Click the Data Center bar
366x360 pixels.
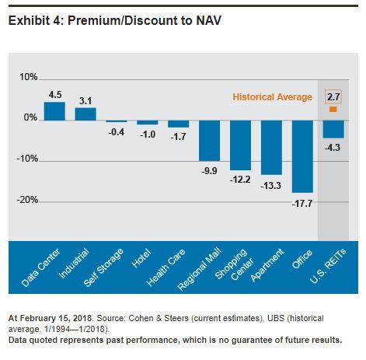[x=54, y=111]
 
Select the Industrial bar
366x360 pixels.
[x=85, y=114]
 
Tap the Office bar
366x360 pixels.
[x=302, y=156]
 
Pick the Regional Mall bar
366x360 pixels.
[x=209, y=141]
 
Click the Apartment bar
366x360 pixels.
[x=271, y=148]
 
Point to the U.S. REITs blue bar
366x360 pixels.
[x=333, y=129]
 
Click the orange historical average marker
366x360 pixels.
[x=333, y=110]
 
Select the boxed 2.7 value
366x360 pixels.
[x=333, y=97]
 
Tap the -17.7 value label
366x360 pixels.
[x=302, y=204]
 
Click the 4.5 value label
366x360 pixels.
[x=55, y=95]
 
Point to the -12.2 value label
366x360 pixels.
[x=240, y=180]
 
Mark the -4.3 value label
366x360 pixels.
[x=333, y=148]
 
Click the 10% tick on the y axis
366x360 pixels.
[x=29, y=77]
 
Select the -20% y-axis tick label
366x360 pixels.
[x=27, y=200]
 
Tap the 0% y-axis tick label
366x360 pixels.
[x=30, y=117]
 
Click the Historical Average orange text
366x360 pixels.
[x=272, y=97]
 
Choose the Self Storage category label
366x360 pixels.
[x=103, y=267]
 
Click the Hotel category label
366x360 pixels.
[x=141, y=258]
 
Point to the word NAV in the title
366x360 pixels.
[x=208, y=20]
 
